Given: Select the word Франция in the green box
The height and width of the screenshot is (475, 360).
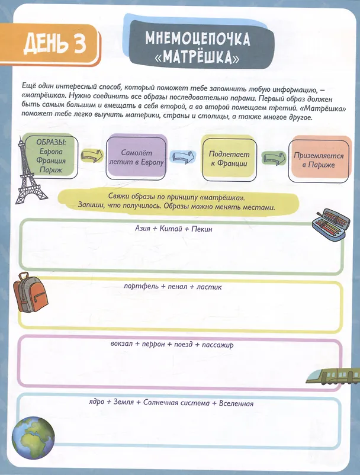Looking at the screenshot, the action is [51, 161].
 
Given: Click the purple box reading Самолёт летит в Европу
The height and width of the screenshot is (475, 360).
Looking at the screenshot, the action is [136, 157].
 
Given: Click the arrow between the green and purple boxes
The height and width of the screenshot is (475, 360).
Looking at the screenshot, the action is [92, 156].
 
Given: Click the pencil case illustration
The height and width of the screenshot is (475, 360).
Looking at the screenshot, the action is [331, 224].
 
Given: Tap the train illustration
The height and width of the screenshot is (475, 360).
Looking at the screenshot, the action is [333, 376].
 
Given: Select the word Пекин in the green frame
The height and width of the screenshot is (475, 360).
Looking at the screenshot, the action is [202, 229].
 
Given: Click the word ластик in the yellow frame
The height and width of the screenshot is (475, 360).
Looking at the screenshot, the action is [209, 287].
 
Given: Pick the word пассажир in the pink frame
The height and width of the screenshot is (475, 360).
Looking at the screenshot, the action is [218, 345].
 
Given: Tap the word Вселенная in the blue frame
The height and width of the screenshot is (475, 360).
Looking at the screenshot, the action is [236, 403].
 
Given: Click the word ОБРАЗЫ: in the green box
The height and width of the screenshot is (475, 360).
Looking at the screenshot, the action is [51, 142].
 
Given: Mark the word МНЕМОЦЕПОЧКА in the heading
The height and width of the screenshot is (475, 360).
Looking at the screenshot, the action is [198, 38].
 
